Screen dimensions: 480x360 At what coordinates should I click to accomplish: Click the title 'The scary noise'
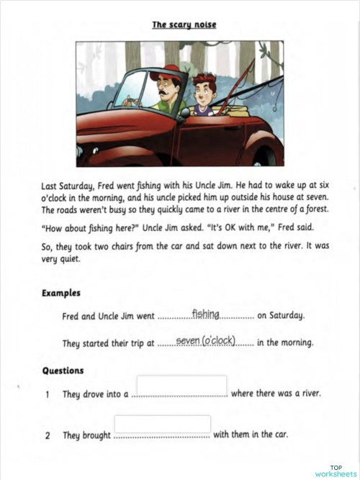click(x=184, y=25)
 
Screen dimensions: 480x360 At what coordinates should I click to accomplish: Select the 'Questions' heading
click(x=63, y=371)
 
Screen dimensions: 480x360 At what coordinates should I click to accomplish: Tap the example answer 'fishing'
click(x=205, y=314)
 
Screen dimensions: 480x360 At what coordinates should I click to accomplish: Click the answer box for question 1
click(x=181, y=386)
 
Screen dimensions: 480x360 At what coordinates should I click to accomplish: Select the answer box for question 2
click(x=162, y=425)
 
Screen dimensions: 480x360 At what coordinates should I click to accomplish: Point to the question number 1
click(x=48, y=394)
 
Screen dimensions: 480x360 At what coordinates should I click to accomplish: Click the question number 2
click(x=48, y=435)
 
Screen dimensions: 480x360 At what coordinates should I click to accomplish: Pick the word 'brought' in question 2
click(x=96, y=435)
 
